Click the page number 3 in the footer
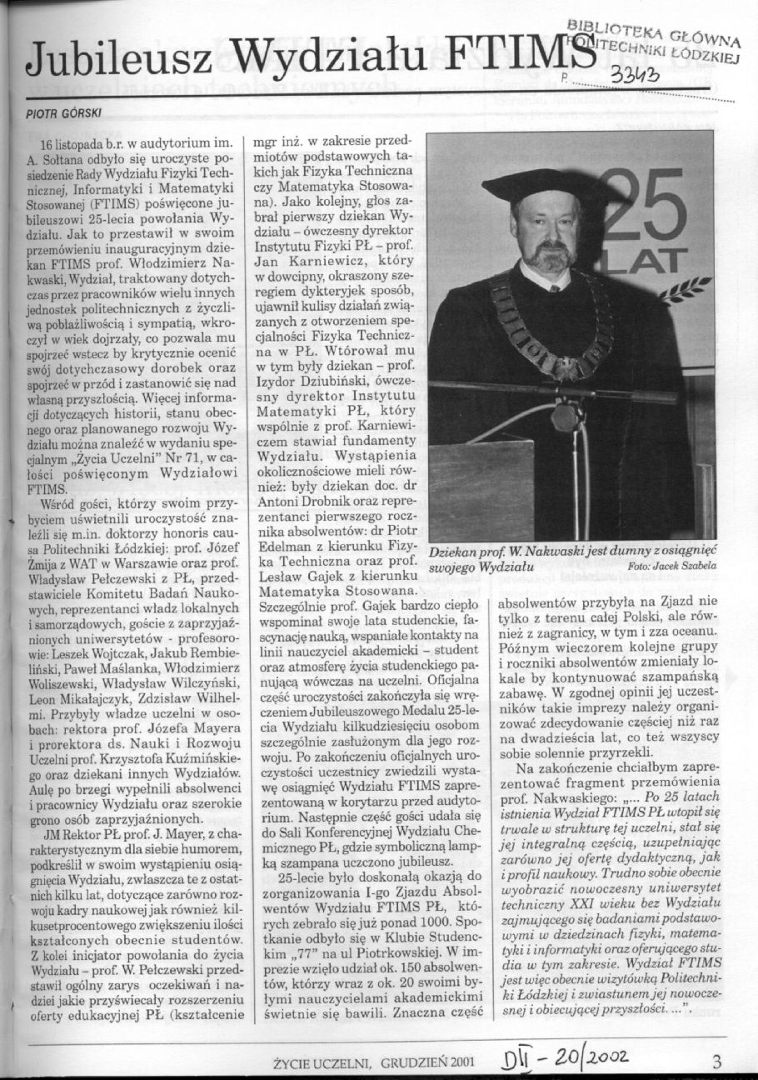click(717, 1061)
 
